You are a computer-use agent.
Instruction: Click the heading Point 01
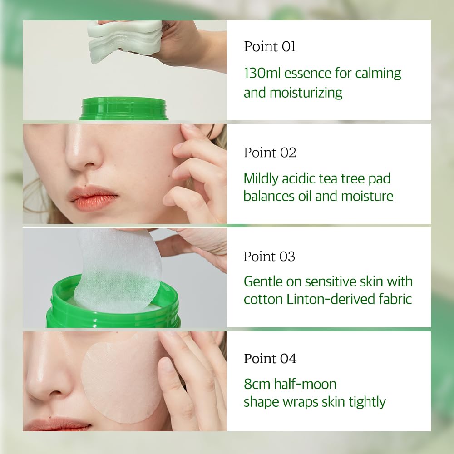point(270,47)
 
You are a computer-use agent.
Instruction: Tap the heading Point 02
point(270,153)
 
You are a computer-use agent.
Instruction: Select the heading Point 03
point(270,257)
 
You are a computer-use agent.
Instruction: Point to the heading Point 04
point(270,359)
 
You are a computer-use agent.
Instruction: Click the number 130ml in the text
point(262,73)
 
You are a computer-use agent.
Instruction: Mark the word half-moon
point(305,384)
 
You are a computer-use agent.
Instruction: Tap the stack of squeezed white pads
point(125,41)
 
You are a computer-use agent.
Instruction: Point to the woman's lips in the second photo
point(94,198)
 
